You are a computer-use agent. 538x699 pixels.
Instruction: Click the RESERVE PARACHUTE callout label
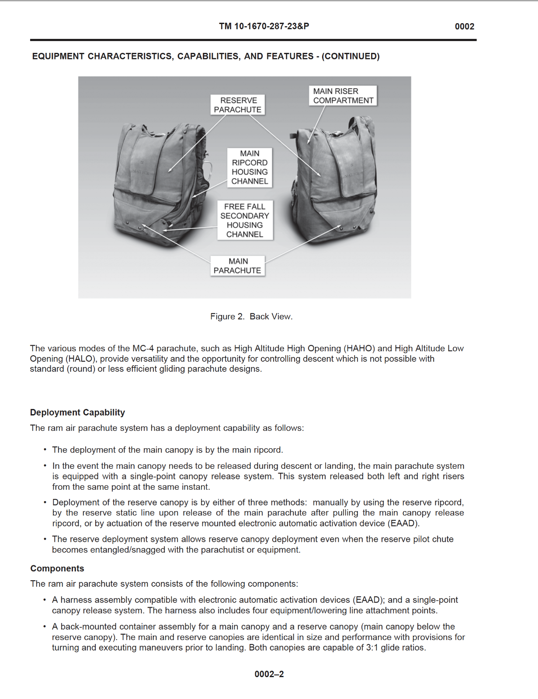(x=238, y=105)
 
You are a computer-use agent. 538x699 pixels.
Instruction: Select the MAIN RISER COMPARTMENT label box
(x=343, y=96)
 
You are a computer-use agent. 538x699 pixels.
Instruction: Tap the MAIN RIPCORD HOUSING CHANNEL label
(x=250, y=167)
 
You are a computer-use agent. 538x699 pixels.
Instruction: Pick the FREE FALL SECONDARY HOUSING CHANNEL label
(x=245, y=220)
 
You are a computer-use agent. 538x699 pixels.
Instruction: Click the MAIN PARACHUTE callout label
(x=237, y=266)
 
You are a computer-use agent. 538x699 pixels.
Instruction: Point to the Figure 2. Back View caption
(x=251, y=316)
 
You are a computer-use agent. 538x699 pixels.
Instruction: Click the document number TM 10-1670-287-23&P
(x=264, y=26)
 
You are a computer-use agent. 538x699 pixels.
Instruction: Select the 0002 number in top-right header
(x=464, y=26)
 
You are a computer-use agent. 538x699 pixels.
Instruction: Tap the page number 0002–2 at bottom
(x=269, y=674)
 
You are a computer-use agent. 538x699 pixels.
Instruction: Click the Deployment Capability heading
(x=77, y=412)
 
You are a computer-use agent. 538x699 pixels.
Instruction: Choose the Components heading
(x=57, y=568)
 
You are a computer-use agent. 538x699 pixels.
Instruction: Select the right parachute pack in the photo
(x=334, y=183)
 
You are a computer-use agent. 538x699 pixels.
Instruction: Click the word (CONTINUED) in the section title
(x=351, y=56)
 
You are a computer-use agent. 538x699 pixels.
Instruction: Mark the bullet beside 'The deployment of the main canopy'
(x=45, y=450)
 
